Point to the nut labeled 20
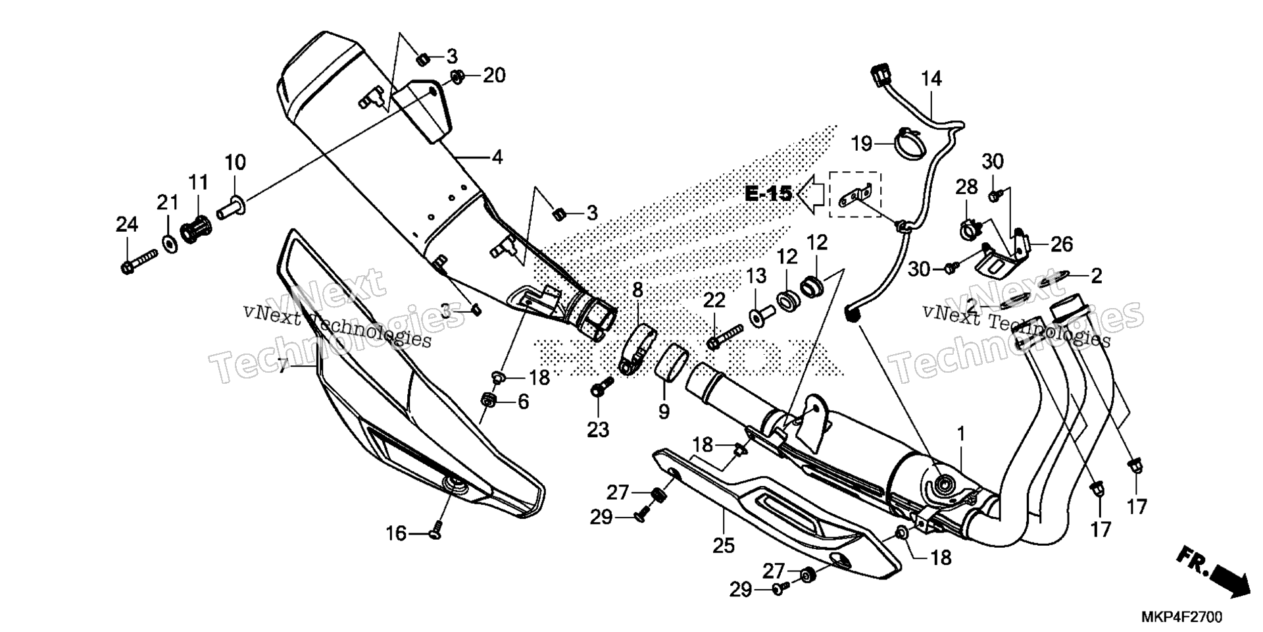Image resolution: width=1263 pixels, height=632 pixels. [458, 76]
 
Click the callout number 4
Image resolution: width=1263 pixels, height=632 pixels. [497, 157]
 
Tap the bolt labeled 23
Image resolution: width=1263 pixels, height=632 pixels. [601, 386]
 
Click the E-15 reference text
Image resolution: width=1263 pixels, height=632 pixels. [768, 194]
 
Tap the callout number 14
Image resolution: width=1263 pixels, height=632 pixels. [931, 79]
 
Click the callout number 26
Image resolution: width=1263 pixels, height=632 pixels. [1062, 245]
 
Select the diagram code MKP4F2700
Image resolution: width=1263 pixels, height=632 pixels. [1181, 618]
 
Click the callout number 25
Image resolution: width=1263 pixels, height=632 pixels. [724, 546]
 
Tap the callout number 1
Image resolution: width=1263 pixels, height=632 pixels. [961, 434]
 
